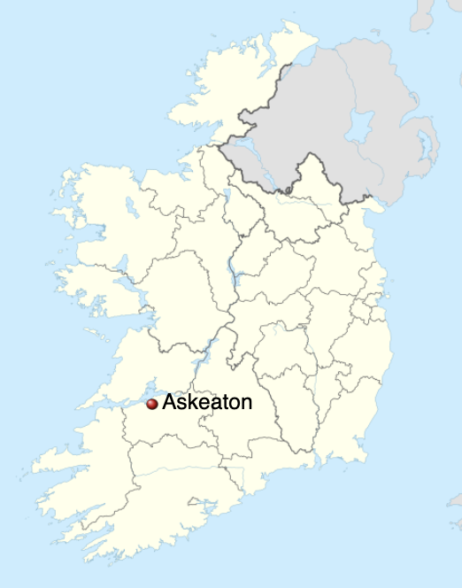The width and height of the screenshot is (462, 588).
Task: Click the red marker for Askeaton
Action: click(x=151, y=404)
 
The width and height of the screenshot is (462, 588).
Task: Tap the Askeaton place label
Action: click(x=207, y=402)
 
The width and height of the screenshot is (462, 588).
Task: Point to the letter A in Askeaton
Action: click(x=170, y=402)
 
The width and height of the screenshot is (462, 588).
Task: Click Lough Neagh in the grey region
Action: click(x=359, y=125)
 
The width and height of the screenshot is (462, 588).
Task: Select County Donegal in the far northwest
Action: click(x=239, y=89)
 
